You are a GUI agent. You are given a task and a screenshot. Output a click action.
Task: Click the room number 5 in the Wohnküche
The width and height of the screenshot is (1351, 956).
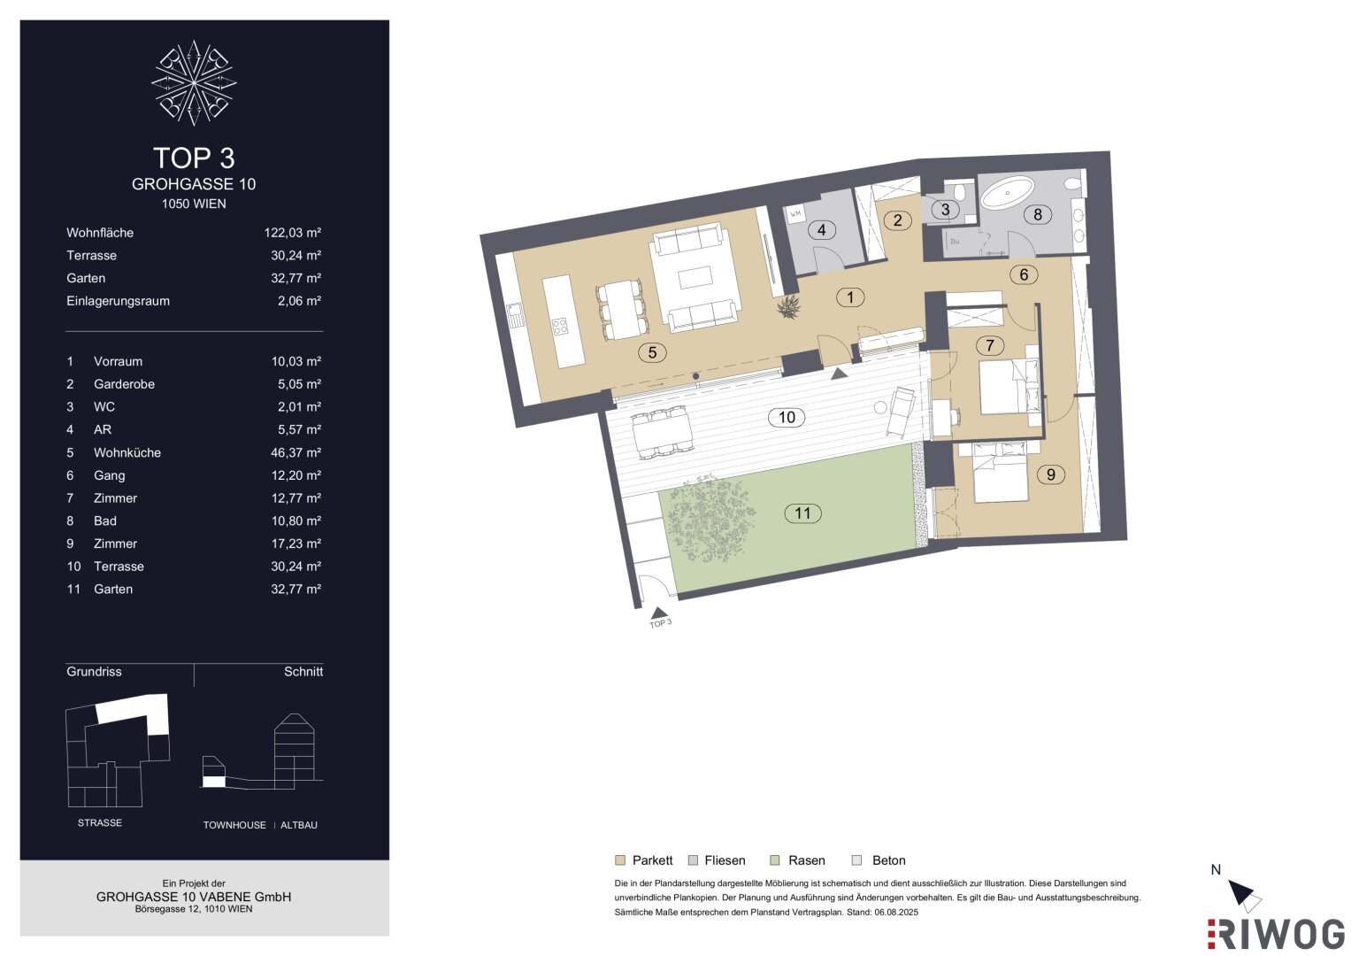click(x=652, y=352)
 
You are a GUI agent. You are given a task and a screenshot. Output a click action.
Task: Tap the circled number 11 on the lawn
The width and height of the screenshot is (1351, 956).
click(x=802, y=513)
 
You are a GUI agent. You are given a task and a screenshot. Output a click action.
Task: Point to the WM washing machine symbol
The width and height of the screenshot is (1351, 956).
click(x=796, y=214)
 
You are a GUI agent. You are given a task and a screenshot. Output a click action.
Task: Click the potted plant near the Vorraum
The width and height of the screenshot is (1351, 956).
click(x=789, y=308)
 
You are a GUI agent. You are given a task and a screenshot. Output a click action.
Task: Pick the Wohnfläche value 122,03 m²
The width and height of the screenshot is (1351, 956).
click(x=293, y=232)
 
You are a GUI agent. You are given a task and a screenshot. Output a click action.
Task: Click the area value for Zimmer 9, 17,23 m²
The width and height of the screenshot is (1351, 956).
click(x=296, y=544)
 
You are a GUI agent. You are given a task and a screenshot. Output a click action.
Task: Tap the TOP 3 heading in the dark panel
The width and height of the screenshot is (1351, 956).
click(x=194, y=158)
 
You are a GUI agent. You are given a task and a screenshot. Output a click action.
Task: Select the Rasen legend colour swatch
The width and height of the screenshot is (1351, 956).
click(x=775, y=860)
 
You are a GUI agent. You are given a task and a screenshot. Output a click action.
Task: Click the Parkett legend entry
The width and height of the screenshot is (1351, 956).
click(x=643, y=860)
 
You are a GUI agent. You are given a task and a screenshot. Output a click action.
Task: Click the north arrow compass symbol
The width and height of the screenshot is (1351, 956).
click(x=1244, y=895)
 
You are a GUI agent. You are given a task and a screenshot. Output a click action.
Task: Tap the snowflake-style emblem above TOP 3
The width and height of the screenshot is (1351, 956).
click(x=194, y=82)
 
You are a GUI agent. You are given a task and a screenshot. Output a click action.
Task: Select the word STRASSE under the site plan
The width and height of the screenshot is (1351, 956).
click(x=99, y=822)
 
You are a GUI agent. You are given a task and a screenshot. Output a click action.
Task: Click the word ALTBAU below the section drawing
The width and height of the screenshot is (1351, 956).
click(x=298, y=825)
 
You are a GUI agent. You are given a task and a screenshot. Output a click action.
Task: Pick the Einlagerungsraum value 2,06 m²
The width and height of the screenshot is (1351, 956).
click(x=299, y=301)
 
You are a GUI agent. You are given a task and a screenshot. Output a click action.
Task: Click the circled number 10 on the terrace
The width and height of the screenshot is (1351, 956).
click(x=787, y=417)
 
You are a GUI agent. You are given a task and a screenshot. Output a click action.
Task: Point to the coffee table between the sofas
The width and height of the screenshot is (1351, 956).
click(x=695, y=278)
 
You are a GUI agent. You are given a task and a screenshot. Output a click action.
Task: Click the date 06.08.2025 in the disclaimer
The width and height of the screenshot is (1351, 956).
click(x=896, y=912)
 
